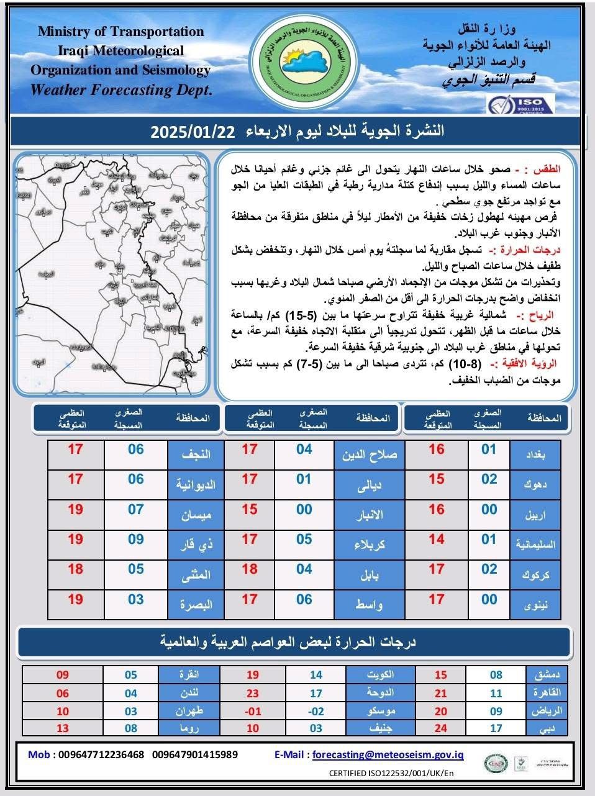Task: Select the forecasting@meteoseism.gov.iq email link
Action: coord(388,754)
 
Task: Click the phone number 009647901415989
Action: coord(194,754)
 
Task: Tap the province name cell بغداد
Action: coord(535,455)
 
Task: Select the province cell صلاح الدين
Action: coord(369,455)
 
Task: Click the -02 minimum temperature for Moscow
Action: coord(316,711)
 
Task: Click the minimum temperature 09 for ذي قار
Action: coord(136,540)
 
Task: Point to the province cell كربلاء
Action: coord(369,545)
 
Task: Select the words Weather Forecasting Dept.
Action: coord(121,89)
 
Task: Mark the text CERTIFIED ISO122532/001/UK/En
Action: coord(391,773)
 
